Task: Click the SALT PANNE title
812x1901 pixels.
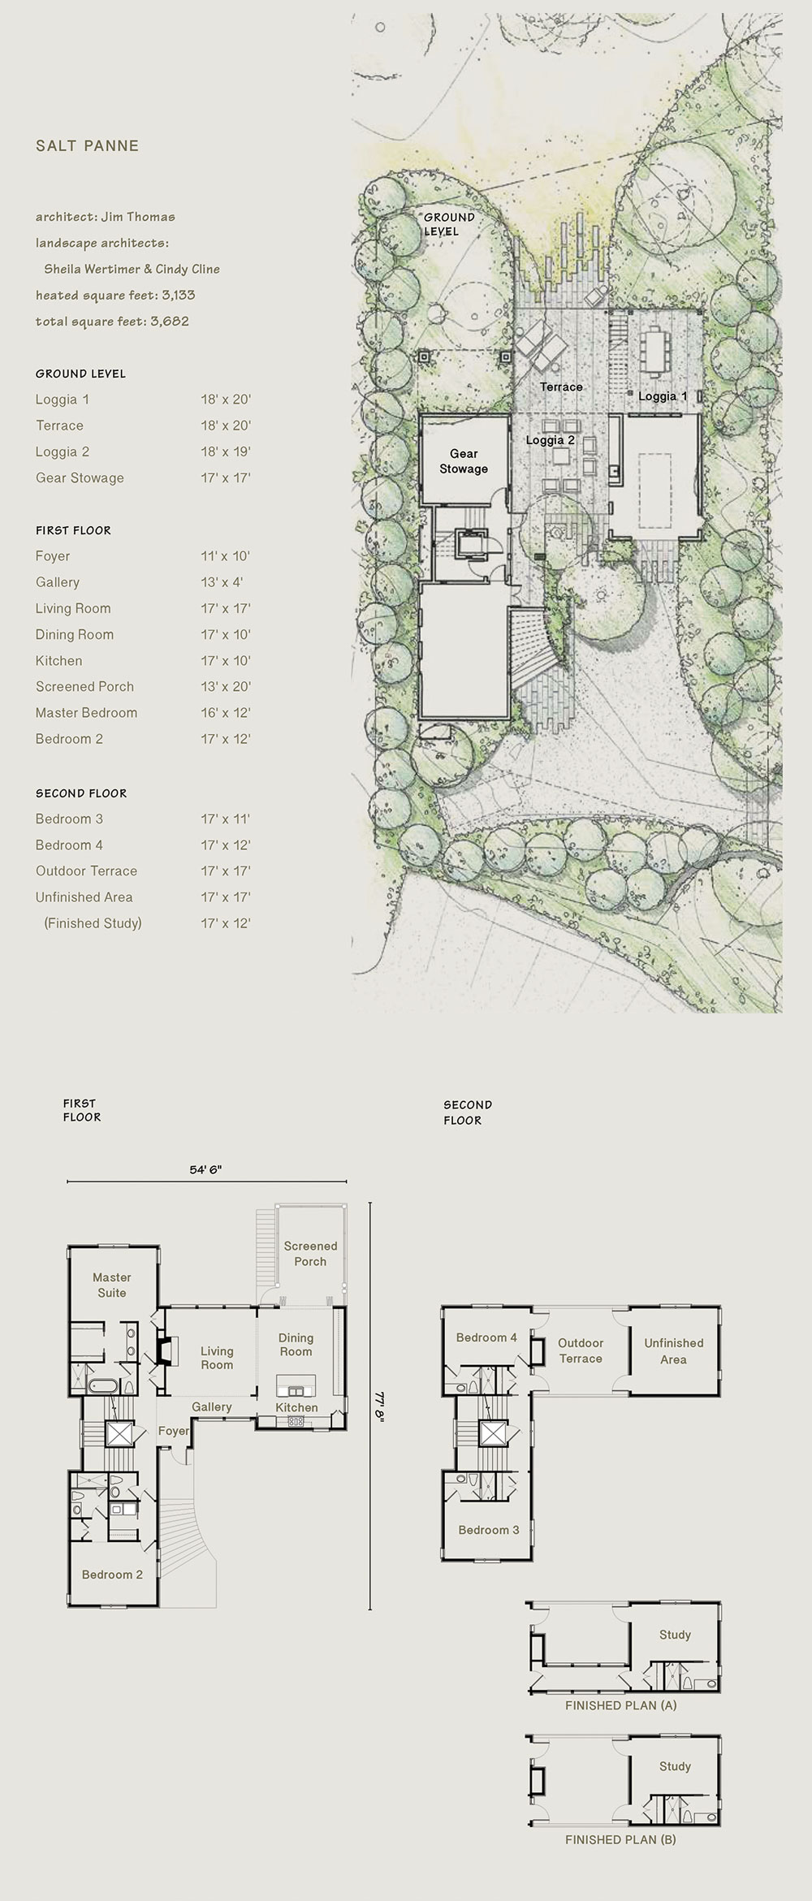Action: [x=87, y=146]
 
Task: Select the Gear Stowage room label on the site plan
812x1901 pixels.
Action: [x=464, y=461]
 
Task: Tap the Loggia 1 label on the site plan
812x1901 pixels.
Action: [x=662, y=396]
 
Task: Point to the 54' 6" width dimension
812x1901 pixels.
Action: [x=205, y=1169]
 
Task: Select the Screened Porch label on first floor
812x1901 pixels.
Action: [x=310, y=1253]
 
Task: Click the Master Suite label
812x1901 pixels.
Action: [x=112, y=1285]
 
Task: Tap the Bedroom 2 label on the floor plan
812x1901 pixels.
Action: [x=112, y=1574]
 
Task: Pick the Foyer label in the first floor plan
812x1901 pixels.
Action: [x=173, y=1431]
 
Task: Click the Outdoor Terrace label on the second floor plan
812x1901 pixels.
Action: [x=581, y=1350]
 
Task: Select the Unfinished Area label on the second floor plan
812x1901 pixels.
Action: [x=673, y=1350]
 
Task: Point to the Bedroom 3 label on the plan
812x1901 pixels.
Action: [x=488, y=1530]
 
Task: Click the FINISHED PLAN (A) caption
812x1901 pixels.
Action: [x=620, y=1705]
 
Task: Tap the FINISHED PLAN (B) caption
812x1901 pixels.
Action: [x=620, y=1839]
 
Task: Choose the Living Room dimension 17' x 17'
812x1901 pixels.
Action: [x=226, y=608]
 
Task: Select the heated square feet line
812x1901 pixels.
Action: [x=115, y=295]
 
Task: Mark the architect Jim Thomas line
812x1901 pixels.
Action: [x=106, y=217]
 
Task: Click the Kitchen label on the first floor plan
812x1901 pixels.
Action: [x=296, y=1407]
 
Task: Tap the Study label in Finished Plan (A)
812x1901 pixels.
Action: [x=675, y=1635]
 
